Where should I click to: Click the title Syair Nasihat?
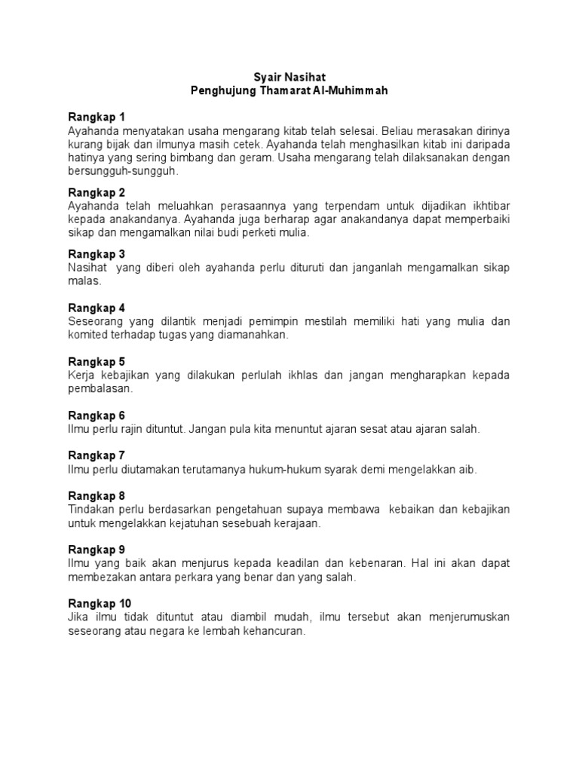[289, 77]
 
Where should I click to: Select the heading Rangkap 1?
[96, 117]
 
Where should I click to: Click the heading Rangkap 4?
[96, 308]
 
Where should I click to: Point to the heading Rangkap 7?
[96, 455]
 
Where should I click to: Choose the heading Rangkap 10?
[100, 603]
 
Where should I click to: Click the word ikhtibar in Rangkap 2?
[489, 206]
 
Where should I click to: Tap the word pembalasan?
[100, 388]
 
